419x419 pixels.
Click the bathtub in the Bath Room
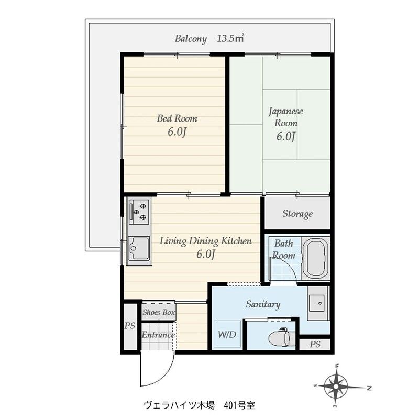click(x=315, y=259)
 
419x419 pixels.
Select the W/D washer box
click(x=227, y=334)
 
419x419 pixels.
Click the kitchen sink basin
click(x=138, y=248)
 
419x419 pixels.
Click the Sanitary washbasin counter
click(x=318, y=303)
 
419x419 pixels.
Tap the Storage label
click(x=297, y=214)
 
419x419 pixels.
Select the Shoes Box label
click(x=159, y=312)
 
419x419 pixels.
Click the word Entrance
click(x=158, y=335)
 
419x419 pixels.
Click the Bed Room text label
click(x=177, y=118)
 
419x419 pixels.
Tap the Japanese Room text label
click(x=286, y=117)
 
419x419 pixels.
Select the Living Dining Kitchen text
click(x=206, y=241)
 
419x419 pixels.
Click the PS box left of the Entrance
click(x=130, y=326)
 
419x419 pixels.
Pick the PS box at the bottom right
click(x=314, y=344)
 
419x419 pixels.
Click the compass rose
click(x=336, y=386)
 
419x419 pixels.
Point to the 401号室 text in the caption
click(x=239, y=405)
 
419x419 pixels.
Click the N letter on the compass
click(x=369, y=388)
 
